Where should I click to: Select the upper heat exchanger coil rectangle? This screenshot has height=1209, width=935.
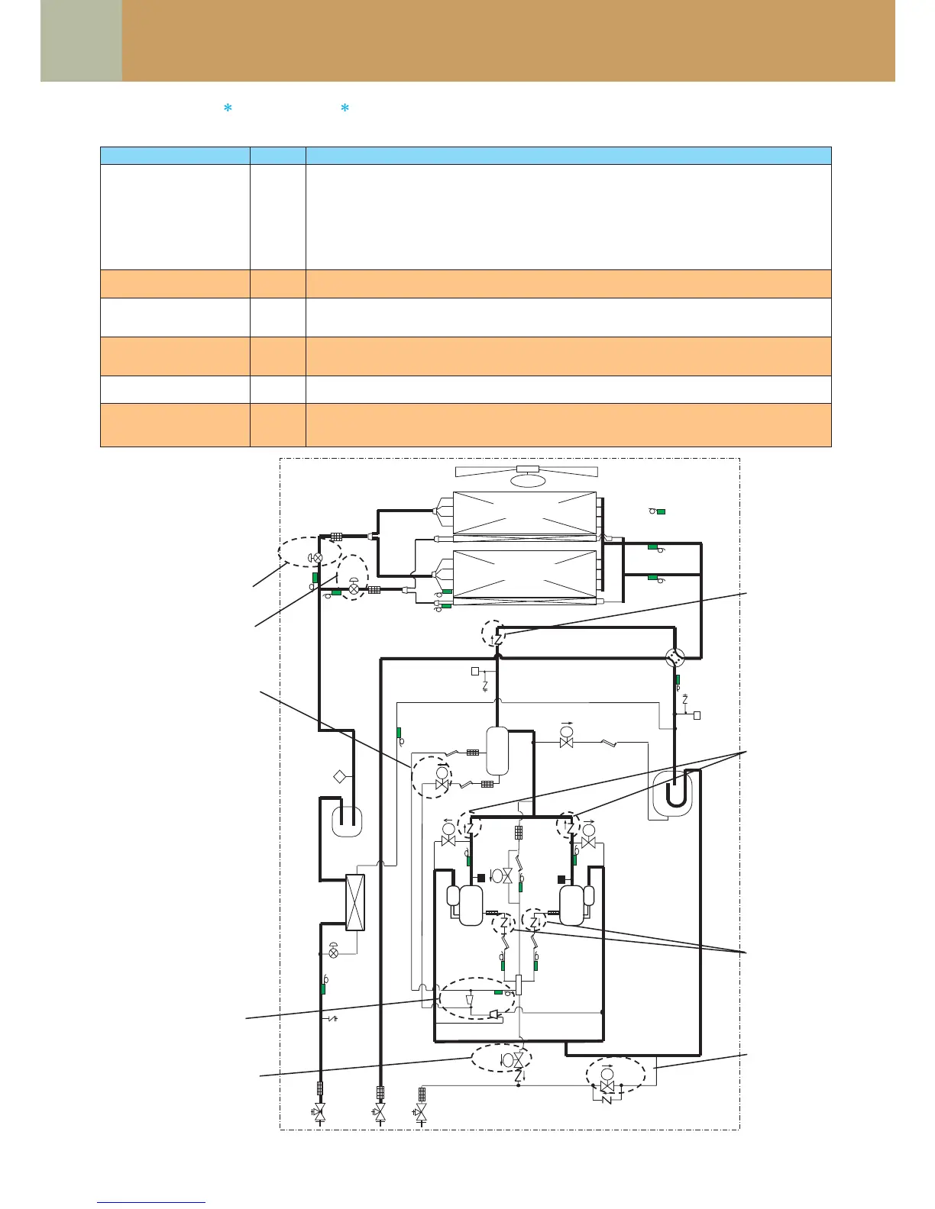click(525, 513)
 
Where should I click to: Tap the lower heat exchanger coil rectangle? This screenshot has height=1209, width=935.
click(525, 574)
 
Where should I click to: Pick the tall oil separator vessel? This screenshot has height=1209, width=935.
click(497, 751)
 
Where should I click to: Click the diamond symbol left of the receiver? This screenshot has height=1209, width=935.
click(340, 777)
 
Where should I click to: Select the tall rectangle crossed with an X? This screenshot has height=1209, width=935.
click(356, 902)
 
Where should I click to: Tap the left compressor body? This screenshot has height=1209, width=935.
click(471, 904)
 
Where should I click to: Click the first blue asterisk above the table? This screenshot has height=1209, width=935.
click(227, 109)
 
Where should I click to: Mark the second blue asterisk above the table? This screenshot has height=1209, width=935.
click(345, 109)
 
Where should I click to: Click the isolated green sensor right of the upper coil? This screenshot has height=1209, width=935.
click(661, 511)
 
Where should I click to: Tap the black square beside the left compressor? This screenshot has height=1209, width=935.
click(481, 878)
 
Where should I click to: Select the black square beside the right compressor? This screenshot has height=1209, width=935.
click(561, 878)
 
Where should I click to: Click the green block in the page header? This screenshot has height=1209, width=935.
click(81, 40)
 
